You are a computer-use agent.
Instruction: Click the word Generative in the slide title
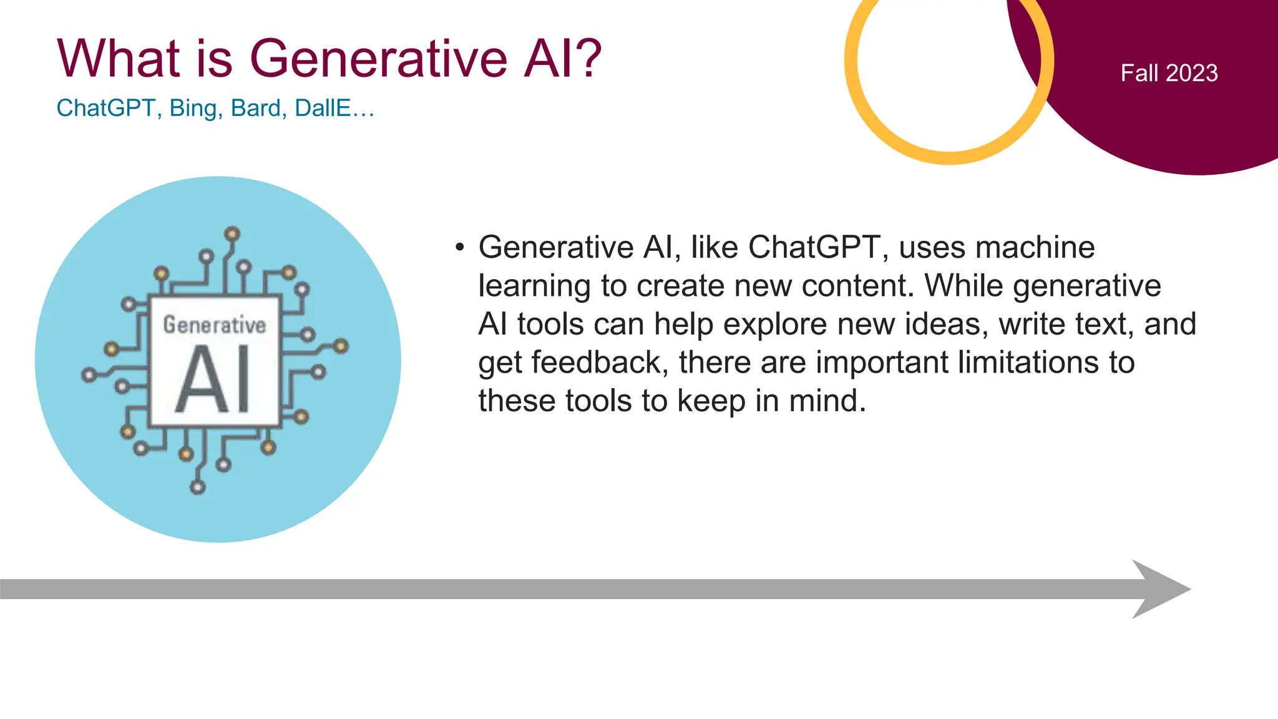[x=378, y=59]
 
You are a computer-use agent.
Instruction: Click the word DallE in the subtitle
[x=322, y=109]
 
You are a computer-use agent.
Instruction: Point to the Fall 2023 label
[x=1169, y=73]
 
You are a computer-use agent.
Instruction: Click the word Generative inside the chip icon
[x=214, y=325]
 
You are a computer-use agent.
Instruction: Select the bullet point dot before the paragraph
[x=460, y=247]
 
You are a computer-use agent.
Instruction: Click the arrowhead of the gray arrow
[x=1161, y=589]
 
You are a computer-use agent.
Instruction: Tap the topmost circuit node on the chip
[x=232, y=235]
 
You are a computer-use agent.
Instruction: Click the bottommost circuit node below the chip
[x=198, y=487]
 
